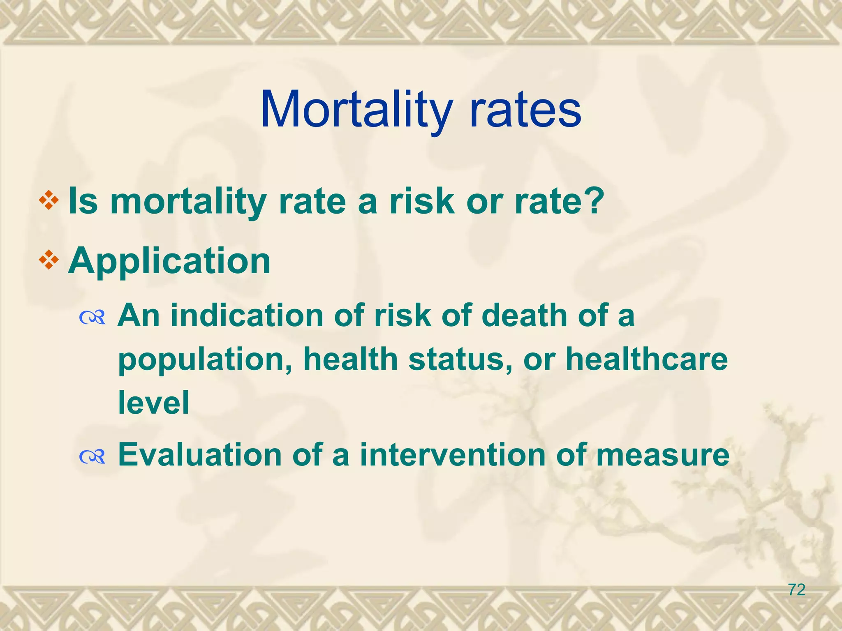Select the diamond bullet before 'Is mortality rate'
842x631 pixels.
49,201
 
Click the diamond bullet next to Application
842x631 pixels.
49,260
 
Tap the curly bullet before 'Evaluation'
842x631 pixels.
93,456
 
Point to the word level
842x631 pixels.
154,402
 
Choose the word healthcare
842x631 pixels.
646,359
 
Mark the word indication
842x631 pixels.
247,315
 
